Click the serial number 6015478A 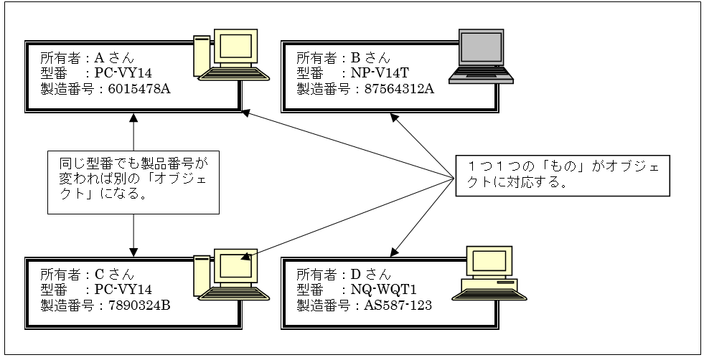click(139, 89)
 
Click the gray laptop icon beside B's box click(480, 57)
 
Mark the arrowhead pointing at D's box click(394, 252)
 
